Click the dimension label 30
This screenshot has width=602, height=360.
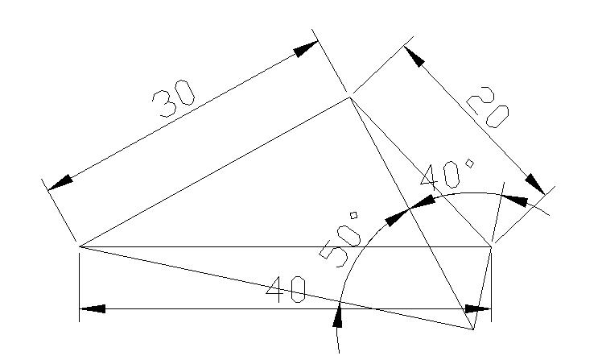click(174, 98)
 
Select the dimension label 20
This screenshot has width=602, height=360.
click(488, 107)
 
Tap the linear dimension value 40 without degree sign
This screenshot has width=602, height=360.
click(287, 290)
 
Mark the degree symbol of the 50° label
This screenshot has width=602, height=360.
click(353, 215)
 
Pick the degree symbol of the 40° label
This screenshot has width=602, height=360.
click(469, 163)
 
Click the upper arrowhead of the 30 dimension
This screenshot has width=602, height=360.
click(306, 49)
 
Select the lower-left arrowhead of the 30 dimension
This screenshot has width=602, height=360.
click(60, 182)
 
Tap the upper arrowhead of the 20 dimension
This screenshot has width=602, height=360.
click(414, 57)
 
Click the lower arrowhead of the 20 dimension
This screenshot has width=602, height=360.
click(535, 184)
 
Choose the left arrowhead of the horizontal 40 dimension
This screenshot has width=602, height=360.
click(92, 308)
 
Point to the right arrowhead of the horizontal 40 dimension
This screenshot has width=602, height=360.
click(478, 309)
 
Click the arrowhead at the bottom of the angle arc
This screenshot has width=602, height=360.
click(338, 315)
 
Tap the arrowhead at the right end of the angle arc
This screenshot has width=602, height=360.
click(515, 201)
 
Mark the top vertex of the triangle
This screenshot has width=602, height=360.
click(350, 97)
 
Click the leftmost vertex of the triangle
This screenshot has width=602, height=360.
click(79, 246)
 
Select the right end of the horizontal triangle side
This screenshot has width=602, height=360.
click(492, 246)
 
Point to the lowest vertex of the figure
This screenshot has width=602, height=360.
click(473, 329)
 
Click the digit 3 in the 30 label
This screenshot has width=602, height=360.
click(163, 104)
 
